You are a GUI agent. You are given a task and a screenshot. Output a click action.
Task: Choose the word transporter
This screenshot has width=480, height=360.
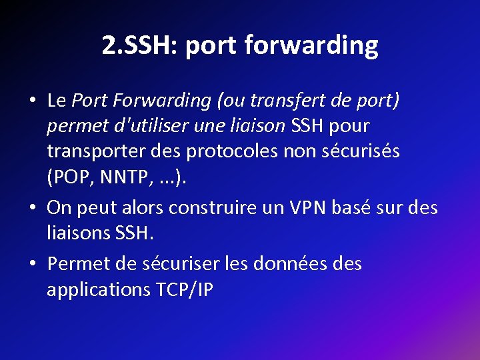pyautogui.click(x=91, y=151)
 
